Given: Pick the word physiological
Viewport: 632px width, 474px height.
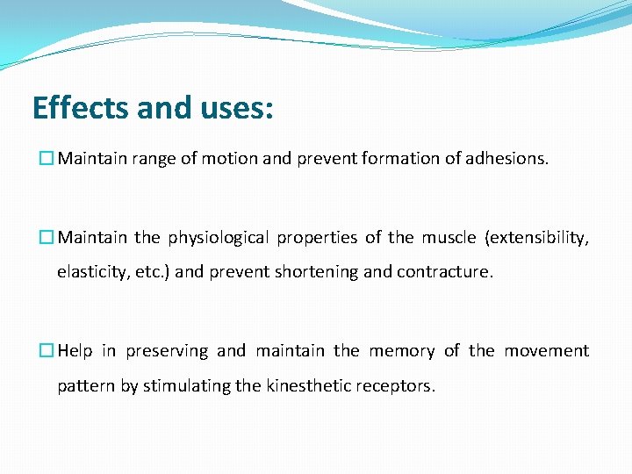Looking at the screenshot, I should pyautogui.click(x=219, y=238).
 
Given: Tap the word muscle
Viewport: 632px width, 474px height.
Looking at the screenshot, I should pyautogui.click(x=449, y=238).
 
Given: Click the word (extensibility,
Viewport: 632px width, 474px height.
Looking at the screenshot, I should pyautogui.click(x=536, y=238).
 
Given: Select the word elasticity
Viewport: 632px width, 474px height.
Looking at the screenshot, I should pyautogui.click(x=93, y=272).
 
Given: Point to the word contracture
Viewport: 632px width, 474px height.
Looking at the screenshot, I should pyautogui.click(x=445, y=272).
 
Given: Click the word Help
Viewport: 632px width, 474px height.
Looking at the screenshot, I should pyautogui.click(x=75, y=351).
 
